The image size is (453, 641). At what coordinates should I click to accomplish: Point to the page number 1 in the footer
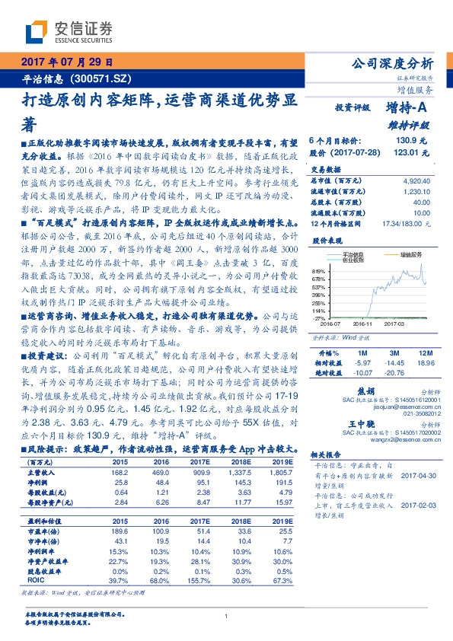point(227,617)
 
